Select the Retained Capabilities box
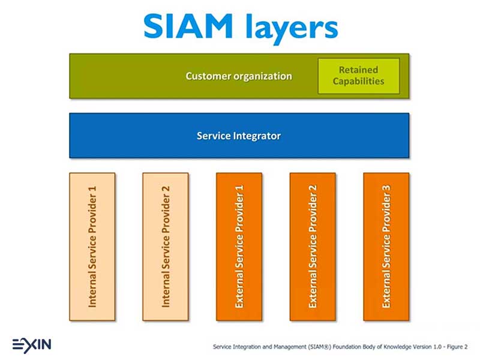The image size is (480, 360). tap(358, 76)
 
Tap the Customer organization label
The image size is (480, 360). tap(238, 76)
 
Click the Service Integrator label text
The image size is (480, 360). tap(239, 136)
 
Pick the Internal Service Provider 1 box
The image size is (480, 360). tap(92, 247)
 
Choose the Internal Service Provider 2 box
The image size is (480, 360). tap(166, 247)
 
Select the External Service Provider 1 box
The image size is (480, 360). tap(239, 247)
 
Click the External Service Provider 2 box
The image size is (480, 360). tap(312, 247)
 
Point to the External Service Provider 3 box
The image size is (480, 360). tap(386, 247)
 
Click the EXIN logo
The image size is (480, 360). tap(31, 344)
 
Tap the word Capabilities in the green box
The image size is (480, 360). tap(358, 81)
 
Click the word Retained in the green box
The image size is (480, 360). tap(358, 70)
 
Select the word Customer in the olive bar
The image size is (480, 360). tap(208, 76)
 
